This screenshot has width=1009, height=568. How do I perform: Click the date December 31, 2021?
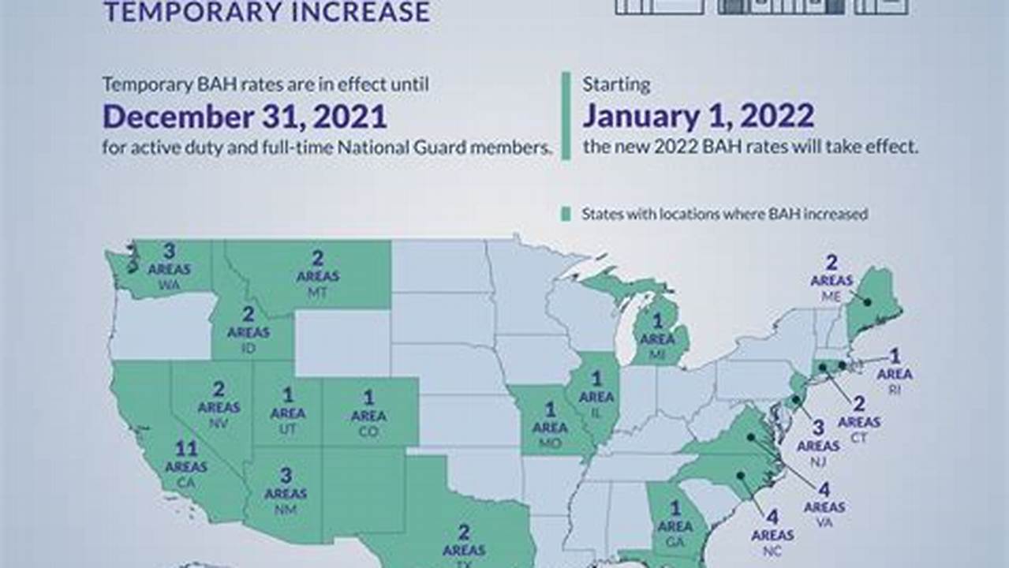(x=245, y=117)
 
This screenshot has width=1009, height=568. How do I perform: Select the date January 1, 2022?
(x=698, y=117)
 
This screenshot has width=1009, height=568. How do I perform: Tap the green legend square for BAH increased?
(x=566, y=214)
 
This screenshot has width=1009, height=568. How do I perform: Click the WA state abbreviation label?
(x=168, y=284)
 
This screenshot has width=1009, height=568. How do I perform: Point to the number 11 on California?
(x=186, y=449)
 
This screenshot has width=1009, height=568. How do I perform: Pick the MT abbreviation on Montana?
(x=317, y=292)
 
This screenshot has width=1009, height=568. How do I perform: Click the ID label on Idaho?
(x=249, y=348)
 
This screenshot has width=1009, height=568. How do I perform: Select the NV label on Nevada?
(x=219, y=424)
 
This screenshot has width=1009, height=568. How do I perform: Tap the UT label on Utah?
(x=288, y=429)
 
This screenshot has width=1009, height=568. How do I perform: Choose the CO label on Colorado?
(x=368, y=432)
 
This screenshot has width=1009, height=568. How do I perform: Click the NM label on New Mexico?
(x=286, y=510)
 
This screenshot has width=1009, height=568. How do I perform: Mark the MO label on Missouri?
(x=550, y=443)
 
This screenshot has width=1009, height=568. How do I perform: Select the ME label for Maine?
(x=831, y=297)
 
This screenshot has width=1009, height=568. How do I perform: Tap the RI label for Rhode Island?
(x=895, y=390)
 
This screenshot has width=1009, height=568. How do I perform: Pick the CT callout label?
(x=858, y=438)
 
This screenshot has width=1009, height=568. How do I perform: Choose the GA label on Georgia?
(x=675, y=543)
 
